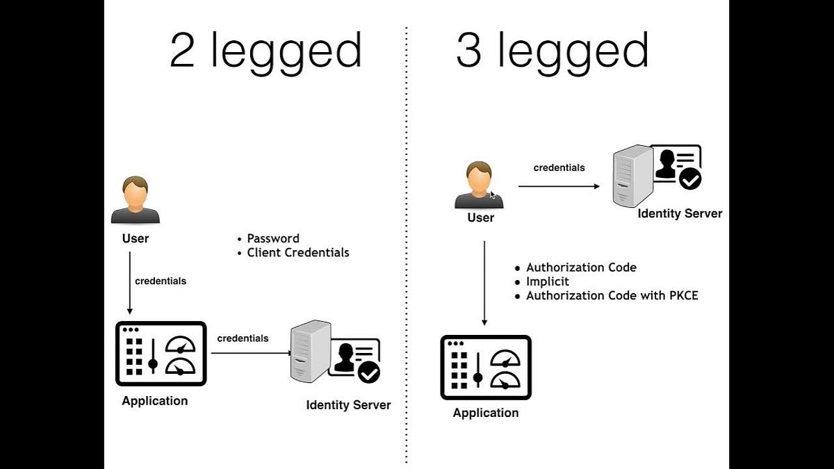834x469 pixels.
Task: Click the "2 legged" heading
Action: (x=265, y=51)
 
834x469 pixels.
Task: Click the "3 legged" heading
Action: (x=553, y=51)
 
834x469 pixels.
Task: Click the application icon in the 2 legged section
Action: (x=161, y=353)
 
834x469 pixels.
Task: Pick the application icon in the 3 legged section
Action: (x=486, y=368)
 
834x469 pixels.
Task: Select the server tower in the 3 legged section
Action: (x=632, y=175)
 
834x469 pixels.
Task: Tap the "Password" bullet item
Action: (x=272, y=238)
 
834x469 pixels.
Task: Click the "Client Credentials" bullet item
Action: (x=297, y=252)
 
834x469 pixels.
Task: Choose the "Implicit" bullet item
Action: (x=547, y=281)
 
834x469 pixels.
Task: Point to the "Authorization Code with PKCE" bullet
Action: (x=612, y=295)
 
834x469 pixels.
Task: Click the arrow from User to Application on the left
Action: (x=129, y=282)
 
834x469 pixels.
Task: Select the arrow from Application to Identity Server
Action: (x=251, y=353)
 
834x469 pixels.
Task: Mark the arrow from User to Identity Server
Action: (x=559, y=186)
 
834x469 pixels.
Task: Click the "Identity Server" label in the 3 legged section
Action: (x=680, y=213)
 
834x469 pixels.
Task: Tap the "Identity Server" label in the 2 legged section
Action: (x=348, y=405)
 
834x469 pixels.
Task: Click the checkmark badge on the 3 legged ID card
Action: (x=689, y=180)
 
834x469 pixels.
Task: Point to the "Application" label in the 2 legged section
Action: (x=154, y=401)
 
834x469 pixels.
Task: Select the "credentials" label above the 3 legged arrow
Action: (x=559, y=167)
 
